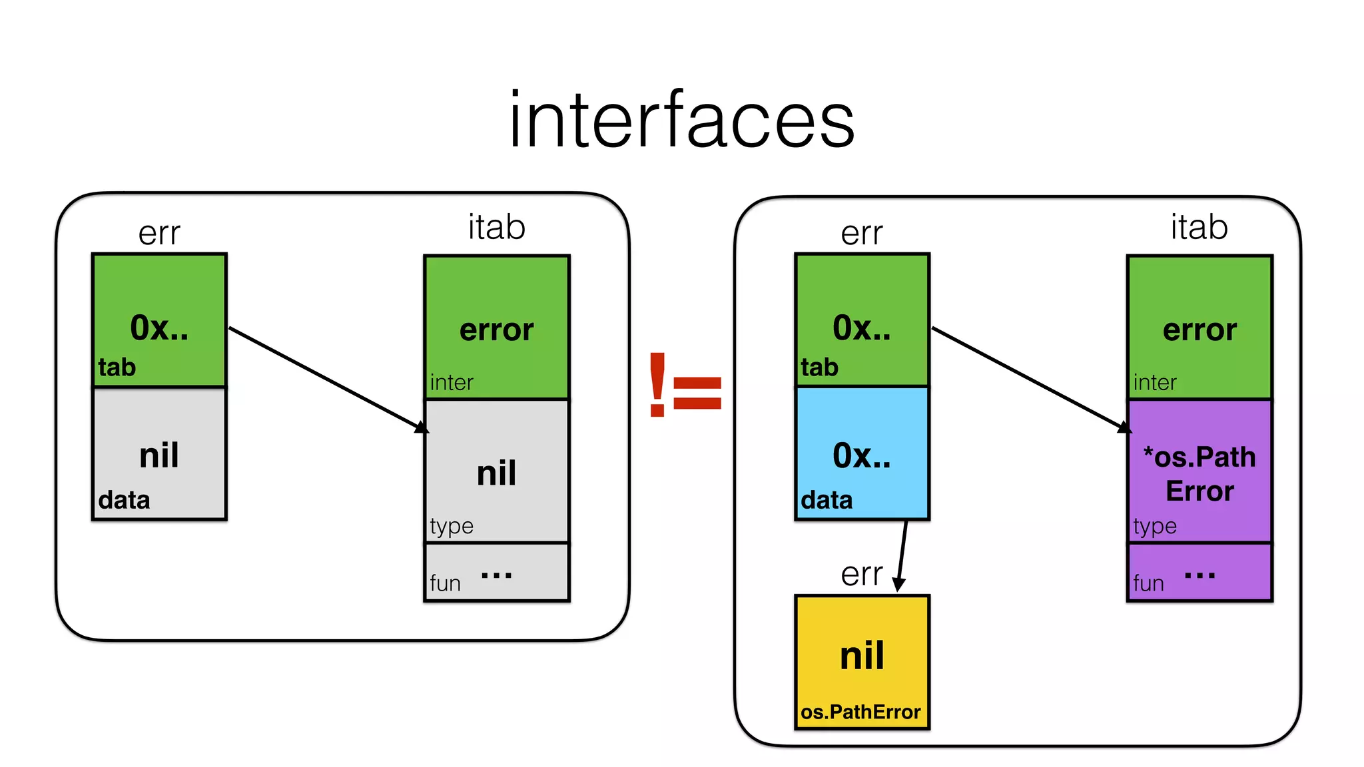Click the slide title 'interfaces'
pos(681,120)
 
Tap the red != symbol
pos(685,386)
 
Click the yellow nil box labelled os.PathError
pos(862,662)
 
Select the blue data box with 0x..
pos(862,453)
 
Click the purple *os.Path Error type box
pos(1199,471)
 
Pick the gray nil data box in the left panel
pos(159,453)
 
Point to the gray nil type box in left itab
pos(497,471)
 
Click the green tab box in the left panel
pos(159,320)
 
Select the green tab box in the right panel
pos(862,320)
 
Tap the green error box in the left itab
pos(497,327)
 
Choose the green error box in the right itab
pos(1199,327)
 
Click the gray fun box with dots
pos(497,573)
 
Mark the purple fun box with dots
pos(1199,573)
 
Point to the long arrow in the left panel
pos(326,379)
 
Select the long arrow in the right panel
pos(1029,379)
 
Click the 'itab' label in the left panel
pos(497,227)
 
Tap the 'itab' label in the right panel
pos(1199,227)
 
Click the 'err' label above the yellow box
pos(861,574)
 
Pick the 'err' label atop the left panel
pos(159,233)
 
